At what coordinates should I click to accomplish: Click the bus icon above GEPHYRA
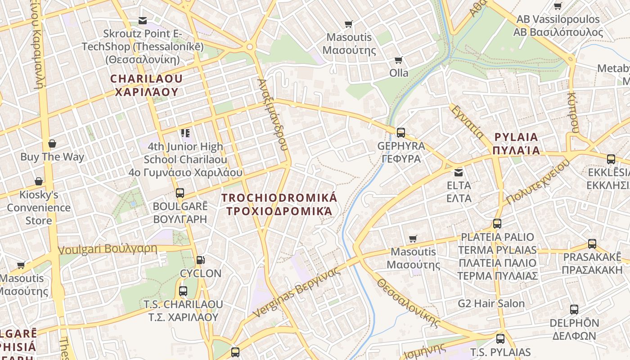pos(400,133)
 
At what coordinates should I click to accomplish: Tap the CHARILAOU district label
pos(147,85)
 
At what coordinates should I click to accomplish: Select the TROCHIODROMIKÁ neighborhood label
pos(279,204)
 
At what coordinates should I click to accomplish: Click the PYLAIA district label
pos(516,144)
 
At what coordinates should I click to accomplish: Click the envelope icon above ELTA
pos(459,172)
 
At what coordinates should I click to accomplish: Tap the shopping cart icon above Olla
pos(398,60)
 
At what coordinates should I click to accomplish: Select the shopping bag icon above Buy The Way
pos(52,144)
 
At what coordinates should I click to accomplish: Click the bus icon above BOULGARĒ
pos(180,193)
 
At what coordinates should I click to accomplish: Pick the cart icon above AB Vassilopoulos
pos(558,6)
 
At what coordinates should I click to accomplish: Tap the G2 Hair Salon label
pos(491,303)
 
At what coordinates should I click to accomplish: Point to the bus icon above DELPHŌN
pos(574,310)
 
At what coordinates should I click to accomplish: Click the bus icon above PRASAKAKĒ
pos(592,244)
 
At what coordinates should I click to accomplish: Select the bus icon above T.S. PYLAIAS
pos(500,339)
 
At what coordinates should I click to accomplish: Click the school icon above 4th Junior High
pos(185,133)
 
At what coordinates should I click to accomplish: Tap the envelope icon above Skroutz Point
pos(143,20)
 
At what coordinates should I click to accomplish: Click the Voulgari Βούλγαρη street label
pos(108,249)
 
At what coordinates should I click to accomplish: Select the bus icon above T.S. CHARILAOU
pos(183,291)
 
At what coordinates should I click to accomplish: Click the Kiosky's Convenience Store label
pos(39,207)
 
